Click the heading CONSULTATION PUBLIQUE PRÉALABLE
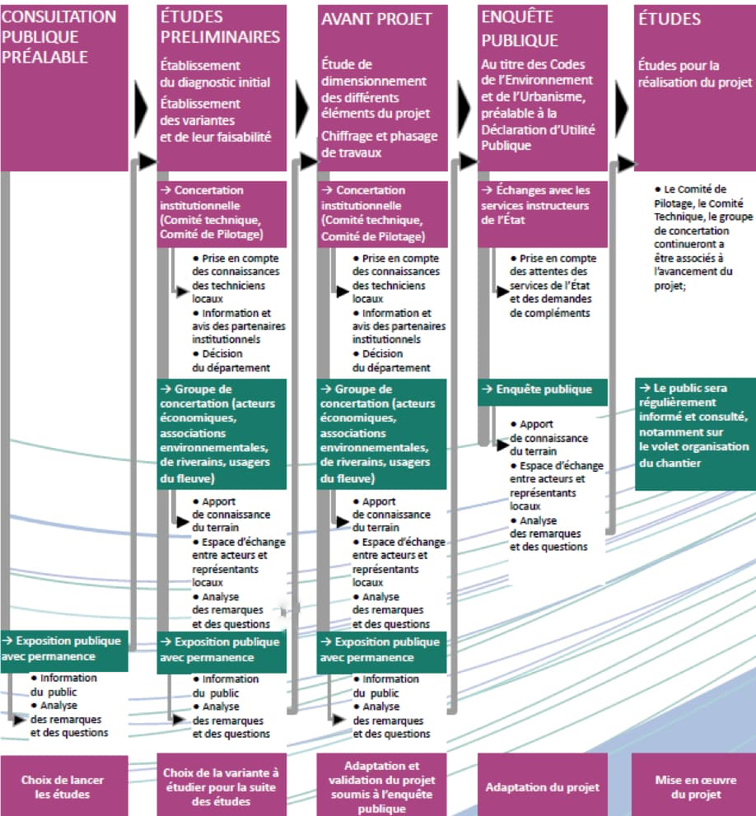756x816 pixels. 58,36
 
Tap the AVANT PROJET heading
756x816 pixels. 376,19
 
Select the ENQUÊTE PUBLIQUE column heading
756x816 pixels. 520,28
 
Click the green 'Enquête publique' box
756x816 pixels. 543,392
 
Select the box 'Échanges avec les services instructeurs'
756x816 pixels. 543,214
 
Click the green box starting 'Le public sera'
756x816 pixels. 696,433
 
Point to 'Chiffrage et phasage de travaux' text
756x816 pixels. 380,144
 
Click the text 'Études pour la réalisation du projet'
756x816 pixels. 695,74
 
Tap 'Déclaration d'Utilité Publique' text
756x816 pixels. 538,138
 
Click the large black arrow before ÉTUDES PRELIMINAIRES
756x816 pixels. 141,109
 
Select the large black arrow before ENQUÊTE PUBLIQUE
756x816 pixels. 464,109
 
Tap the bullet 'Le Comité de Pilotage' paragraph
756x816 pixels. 703,237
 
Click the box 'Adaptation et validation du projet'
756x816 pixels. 381,786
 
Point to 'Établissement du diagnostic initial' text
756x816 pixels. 215,74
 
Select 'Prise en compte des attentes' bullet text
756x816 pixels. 553,285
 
